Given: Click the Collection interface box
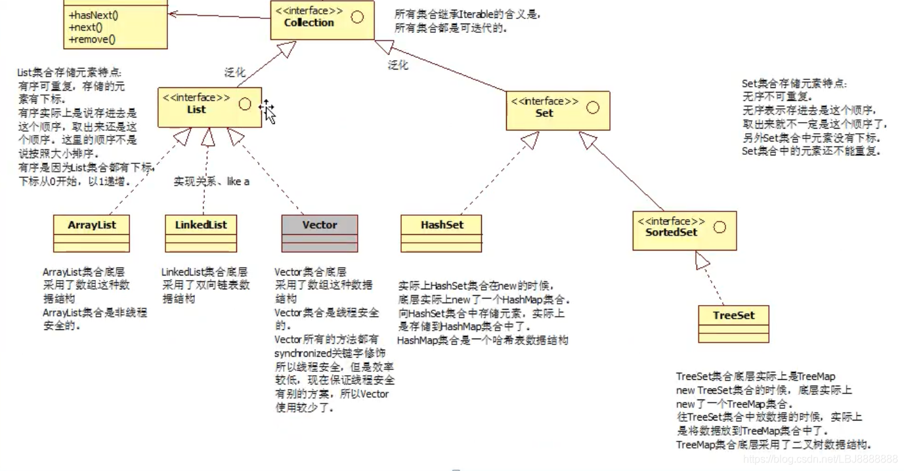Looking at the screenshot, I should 322,20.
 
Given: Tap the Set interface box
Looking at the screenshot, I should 558,110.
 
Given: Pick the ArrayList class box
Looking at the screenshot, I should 91,233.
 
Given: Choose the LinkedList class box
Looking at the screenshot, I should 200,233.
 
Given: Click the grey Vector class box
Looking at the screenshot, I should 320,233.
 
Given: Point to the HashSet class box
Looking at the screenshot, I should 441,233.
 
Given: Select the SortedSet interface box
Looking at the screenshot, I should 684,230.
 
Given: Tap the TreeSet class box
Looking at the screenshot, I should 733,323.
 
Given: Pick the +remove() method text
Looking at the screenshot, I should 91,39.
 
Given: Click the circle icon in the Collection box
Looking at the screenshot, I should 357,18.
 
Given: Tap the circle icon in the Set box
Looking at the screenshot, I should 593,108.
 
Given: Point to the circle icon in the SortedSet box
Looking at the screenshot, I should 720,228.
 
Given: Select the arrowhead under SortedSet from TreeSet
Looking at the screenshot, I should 703,261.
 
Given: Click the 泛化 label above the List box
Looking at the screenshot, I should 234,72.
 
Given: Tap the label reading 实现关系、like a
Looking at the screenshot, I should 211,182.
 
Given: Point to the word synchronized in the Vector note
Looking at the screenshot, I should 303,353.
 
